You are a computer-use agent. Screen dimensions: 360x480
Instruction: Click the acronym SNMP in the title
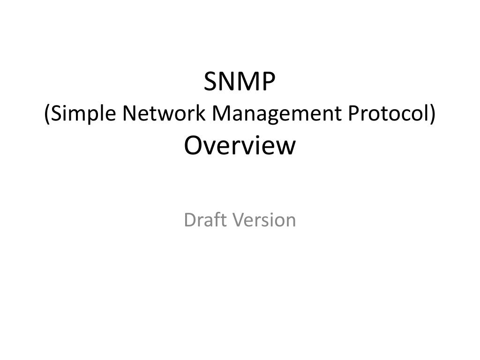point(240,82)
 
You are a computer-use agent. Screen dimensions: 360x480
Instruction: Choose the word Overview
point(240,146)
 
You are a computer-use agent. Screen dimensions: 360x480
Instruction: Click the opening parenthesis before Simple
point(47,114)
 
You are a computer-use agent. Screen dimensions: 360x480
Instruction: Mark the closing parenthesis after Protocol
point(432,114)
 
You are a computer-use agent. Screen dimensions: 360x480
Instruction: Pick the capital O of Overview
point(193,146)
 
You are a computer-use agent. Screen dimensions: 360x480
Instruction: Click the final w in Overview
point(288,147)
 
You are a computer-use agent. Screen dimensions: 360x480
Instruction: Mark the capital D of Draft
point(190,219)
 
